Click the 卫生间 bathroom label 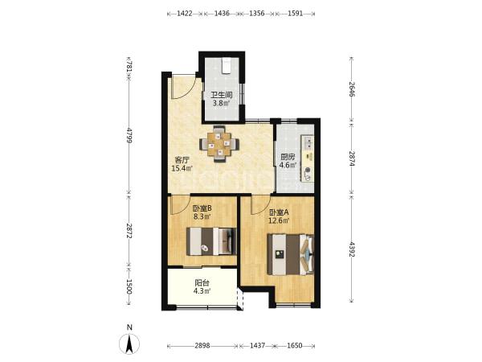[x=221, y=95]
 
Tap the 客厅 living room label [x=182, y=160]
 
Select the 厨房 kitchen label [x=288, y=157]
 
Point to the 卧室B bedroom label [x=202, y=208]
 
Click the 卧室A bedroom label [x=279, y=212]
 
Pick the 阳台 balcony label [x=202, y=282]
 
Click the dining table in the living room [x=219, y=144]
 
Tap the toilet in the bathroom [x=227, y=66]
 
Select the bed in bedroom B [x=211, y=241]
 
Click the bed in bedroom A [x=291, y=254]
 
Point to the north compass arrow [x=129, y=343]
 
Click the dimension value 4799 [x=129, y=135]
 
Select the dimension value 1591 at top [x=295, y=14]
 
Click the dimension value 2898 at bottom [x=202, y=346]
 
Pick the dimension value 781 [x=129, y=67]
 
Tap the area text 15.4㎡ [x=182, y=168]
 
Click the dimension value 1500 [x=129, y=286]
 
